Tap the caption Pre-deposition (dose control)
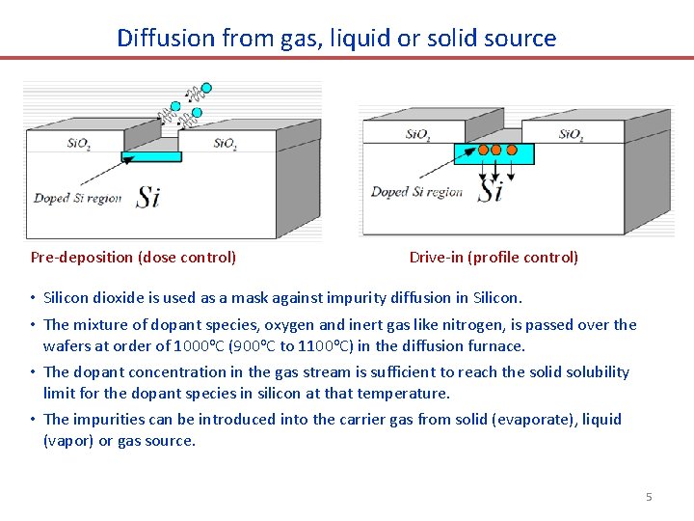click(133, 257)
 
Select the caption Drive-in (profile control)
click(494, 257)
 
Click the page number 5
click(649, 497)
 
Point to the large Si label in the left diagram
click(147, 198)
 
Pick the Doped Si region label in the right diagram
click(416, 192)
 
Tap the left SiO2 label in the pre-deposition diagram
click(79, 145)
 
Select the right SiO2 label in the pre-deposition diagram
click(225, 145)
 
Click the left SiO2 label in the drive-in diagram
click(418, 135)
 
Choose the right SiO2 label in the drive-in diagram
click(571, 135)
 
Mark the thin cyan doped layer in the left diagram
click(151, 156)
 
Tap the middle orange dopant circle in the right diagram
click(496, 150)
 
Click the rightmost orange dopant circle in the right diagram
click(512, 150)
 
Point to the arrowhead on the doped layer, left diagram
click(126, 161)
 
